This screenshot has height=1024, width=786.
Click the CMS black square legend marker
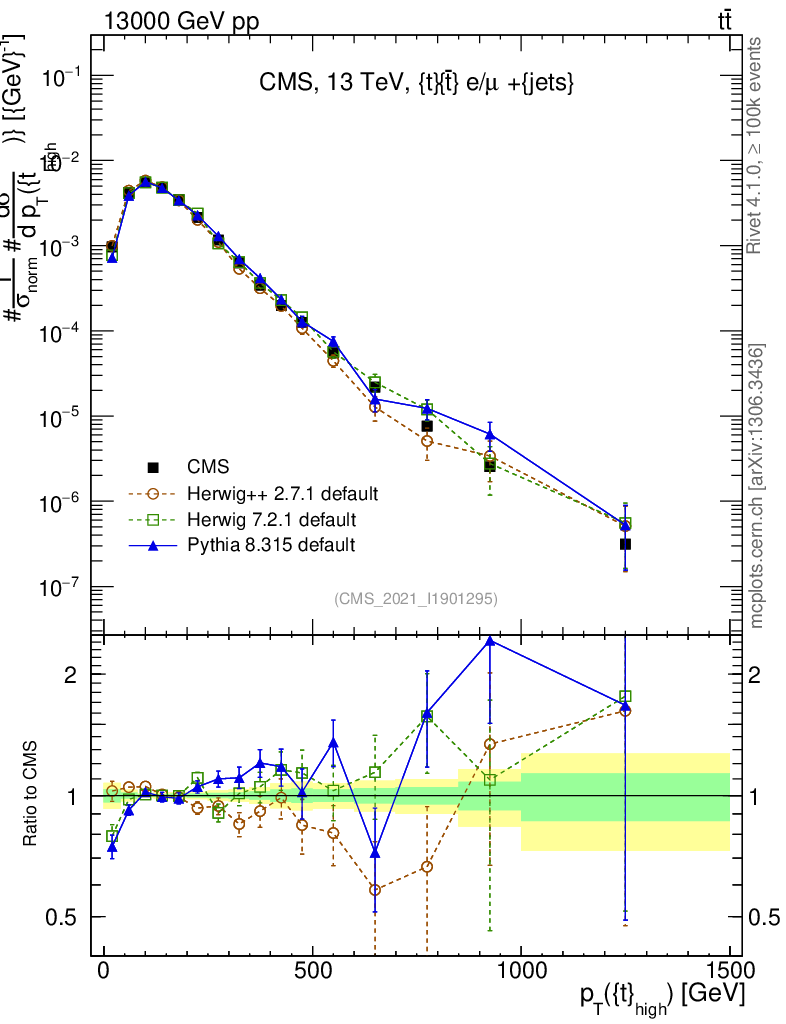(153, 467)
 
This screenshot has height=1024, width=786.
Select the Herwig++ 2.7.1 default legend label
(282, 493)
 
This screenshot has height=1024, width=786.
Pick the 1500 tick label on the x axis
(730, 971)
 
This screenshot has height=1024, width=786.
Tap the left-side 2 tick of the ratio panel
(73, 675)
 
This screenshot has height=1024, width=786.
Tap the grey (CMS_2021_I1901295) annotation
(416, 598)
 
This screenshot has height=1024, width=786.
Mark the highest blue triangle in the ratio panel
(490, 640)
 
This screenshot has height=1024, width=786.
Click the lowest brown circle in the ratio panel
(375, 889)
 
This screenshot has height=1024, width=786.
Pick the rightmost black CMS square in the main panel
(625, 544)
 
